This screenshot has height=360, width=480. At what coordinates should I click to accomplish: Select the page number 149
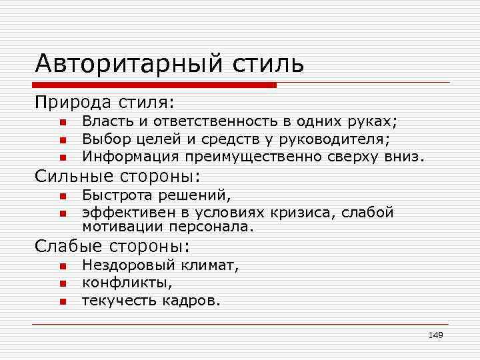coord(435,335)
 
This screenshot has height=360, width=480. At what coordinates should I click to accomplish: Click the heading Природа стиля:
coord(105,103)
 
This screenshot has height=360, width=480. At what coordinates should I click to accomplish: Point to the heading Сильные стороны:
coord(118,177)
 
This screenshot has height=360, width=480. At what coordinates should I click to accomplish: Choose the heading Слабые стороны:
coord(113,247)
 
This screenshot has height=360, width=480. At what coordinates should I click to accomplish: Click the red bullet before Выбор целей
coord(61,140)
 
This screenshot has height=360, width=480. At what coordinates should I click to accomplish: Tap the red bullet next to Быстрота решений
coord(61,197)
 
